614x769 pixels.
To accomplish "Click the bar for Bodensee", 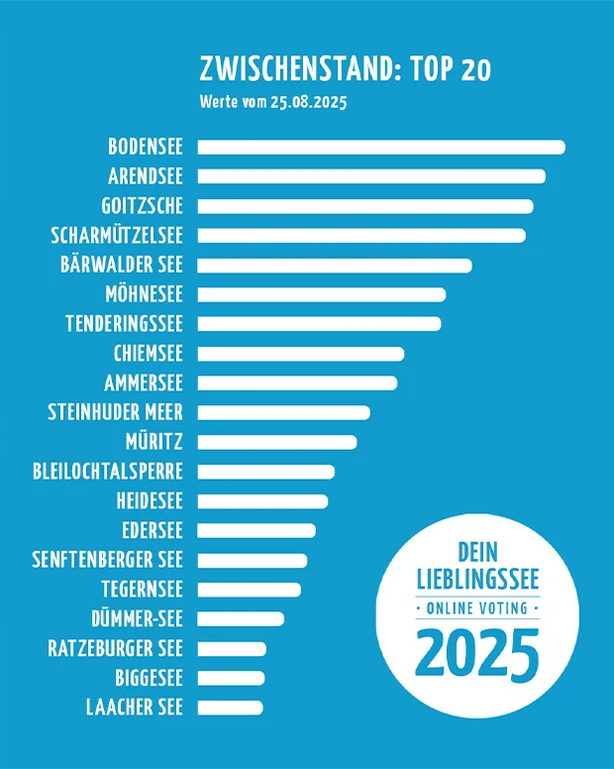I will coord(381,148).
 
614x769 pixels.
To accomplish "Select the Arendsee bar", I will coord(371,176).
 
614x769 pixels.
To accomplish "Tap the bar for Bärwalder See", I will coord(335,266).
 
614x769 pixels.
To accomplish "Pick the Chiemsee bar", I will coord(301,354).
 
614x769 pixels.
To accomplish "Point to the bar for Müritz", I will coord(277,442).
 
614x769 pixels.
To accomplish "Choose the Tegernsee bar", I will coord(250,590).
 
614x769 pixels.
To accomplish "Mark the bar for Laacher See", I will coord(231,708).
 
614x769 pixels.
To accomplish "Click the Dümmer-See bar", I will coord(241,619).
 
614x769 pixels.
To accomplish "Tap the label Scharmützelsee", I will coord(117,236).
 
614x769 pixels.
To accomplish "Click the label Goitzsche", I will coord(143,206).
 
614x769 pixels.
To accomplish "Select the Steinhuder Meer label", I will coord(116,412).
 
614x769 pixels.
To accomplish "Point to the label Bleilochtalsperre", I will coord(108,472).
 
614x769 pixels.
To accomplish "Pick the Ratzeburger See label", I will coord(116,649).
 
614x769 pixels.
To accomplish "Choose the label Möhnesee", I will coord(144,294).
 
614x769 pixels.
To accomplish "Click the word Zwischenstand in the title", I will coord(292,69).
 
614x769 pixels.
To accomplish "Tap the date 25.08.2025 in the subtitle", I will coord(308,102).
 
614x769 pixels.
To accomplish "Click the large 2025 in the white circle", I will coord(477,651).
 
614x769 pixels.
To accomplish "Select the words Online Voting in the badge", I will coord(476,607).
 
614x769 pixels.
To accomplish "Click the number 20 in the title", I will coord(473,69).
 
